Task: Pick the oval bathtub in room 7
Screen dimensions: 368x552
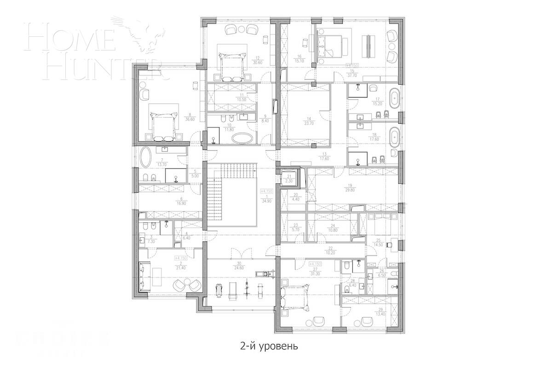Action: pyautogui.click(x=146, y=158)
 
